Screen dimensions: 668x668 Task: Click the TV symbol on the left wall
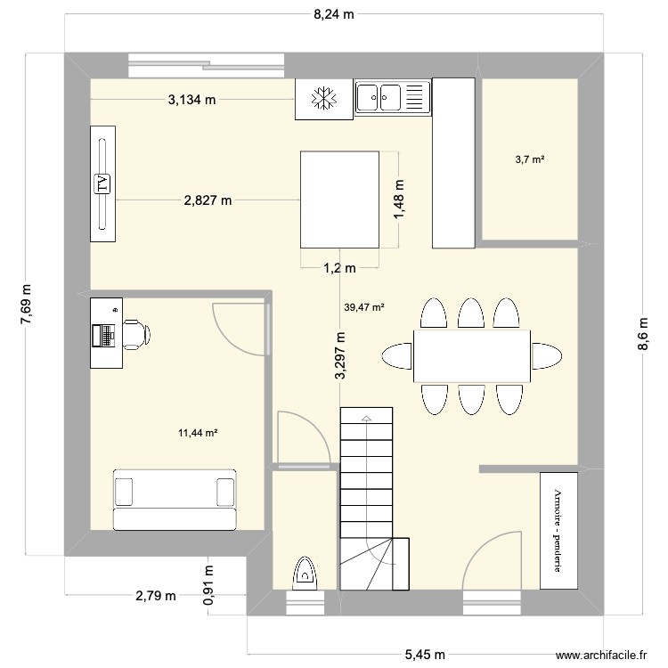[102, 183]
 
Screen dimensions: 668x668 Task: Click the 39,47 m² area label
[364, 308]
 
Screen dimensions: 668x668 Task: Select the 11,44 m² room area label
[198, 433]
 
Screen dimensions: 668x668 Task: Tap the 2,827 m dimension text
[208, 200]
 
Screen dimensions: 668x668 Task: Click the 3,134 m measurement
[192, 100]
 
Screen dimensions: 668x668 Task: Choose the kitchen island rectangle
[339, 200]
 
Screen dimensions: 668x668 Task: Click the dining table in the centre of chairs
[471, 355]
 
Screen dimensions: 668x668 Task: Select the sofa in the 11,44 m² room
[175, 499]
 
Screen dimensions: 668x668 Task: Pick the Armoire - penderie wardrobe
[558, 531]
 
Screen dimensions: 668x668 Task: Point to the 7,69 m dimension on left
[26, 305]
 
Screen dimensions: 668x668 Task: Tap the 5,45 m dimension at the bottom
[424, 655]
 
